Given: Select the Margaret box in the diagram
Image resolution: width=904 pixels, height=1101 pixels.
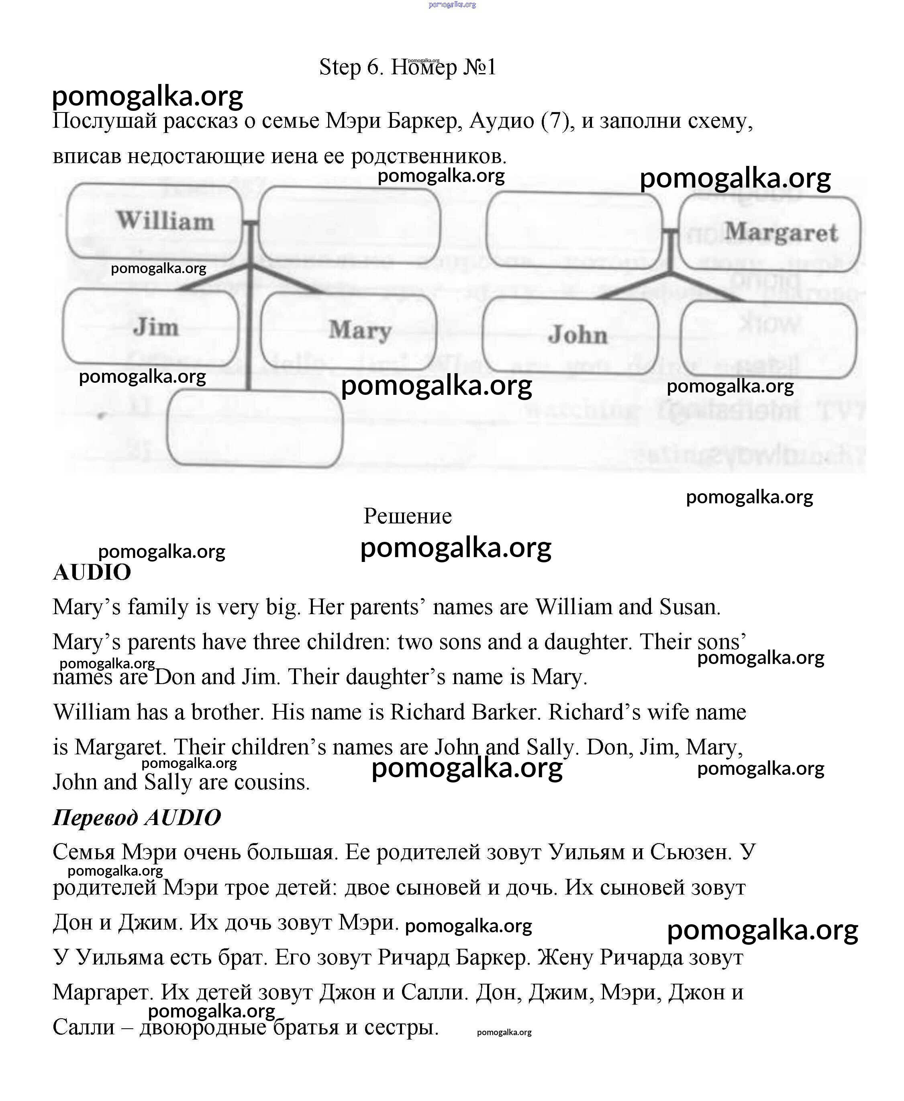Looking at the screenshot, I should (769, 233).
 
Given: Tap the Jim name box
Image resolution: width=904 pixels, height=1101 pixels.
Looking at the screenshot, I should (151, 327).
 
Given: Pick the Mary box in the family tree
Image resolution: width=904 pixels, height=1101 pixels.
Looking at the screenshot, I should (348, 330).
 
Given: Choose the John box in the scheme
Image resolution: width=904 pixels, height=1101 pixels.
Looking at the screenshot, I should (570, 335).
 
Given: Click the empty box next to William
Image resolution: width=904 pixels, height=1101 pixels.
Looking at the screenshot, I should (349, 225).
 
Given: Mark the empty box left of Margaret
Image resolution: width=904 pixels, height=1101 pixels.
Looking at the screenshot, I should (574, 230).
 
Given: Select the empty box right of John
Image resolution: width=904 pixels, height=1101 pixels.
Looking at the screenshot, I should (768, 339).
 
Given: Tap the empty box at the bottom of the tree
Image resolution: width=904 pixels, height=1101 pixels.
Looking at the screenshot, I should (255, 428).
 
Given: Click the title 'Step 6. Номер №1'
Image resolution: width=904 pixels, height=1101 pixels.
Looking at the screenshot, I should (407, 67).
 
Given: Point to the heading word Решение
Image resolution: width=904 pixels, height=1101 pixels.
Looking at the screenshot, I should (407, 516).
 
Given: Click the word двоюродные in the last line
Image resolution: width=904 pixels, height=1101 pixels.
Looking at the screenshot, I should (203, 1027).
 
